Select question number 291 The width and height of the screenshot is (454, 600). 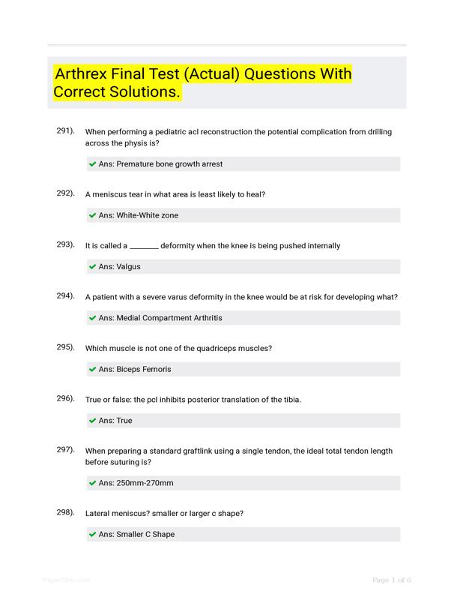[x=65, y=131]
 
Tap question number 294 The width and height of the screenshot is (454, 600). [x=65, y=296]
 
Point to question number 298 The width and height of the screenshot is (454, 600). [x=65, y=512]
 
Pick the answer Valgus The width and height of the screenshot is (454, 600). [x=128, y=266]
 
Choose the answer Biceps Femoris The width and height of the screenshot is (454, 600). [x=144, y=369]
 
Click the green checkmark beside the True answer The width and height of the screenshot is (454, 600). [x=92, y=421]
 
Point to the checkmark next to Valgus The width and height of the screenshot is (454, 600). [x=92, y=266]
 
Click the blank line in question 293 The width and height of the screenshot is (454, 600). [x=144, y=247]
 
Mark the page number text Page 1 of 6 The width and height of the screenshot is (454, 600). [x=392, y=580]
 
